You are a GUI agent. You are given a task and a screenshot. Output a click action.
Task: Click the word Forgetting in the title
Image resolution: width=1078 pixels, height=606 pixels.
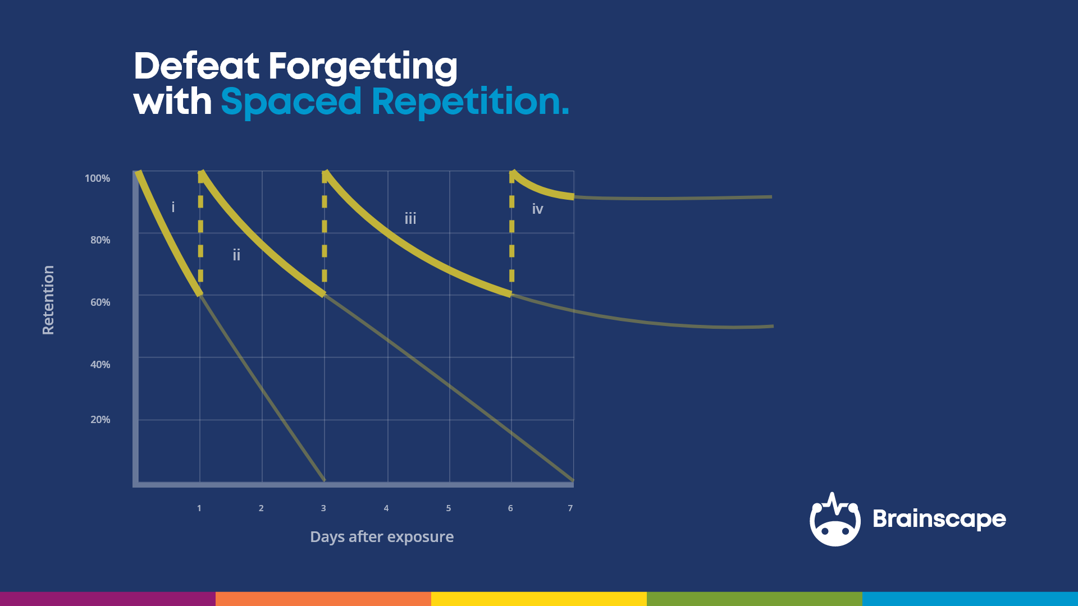tap(363, 67)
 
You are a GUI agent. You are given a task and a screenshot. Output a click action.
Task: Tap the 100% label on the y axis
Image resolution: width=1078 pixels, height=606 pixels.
tap(97, 178)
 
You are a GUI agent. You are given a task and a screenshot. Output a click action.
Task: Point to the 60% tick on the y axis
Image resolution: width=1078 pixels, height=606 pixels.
tap(100, 302)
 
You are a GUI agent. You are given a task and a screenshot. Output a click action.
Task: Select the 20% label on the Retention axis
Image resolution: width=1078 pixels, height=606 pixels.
tap(100, 420)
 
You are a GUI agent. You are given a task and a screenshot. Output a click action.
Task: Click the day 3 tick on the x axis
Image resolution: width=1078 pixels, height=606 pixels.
tap(323, 508)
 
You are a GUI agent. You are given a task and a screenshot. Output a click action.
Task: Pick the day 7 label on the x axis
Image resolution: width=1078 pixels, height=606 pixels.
tap(570, 508)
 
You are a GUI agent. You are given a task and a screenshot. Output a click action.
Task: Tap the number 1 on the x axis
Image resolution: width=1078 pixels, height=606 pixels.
tap(199, 508)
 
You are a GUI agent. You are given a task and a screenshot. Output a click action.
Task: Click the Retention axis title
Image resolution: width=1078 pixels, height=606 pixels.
tap(48, 300)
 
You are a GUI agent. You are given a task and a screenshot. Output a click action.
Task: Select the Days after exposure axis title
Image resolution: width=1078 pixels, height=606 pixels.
tap(382, 537)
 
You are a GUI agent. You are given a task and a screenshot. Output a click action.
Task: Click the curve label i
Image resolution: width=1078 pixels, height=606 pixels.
tap(173, 208)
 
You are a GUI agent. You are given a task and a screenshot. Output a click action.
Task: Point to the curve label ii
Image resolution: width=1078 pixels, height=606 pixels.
tap(236, 255)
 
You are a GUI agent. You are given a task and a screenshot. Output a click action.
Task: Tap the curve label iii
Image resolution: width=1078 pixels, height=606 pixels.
tap(410, 218)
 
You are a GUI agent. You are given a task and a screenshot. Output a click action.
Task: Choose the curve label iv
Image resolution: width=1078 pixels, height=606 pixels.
tap(537, 209)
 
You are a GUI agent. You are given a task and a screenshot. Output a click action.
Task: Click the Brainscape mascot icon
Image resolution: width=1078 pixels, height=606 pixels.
tap(835, 520)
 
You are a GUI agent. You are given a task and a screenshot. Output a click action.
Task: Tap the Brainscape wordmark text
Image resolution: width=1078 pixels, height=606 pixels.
tap(939, 519)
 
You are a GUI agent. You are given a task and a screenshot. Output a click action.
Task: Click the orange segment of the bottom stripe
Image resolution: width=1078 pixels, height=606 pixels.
tap(323, 599)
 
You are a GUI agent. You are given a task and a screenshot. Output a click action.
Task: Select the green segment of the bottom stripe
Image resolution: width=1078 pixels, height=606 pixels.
tap(754, 599)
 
